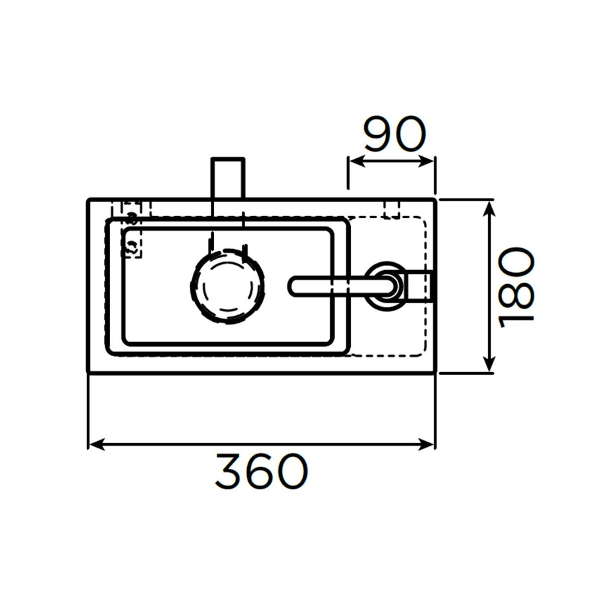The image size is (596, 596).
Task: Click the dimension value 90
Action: (393, 136)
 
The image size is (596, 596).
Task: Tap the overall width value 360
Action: (262, 472)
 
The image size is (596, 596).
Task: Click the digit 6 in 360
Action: (262, 472)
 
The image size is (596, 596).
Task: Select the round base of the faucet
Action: (383, 285)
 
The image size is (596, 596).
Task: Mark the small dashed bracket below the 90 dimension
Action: (392, 209)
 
